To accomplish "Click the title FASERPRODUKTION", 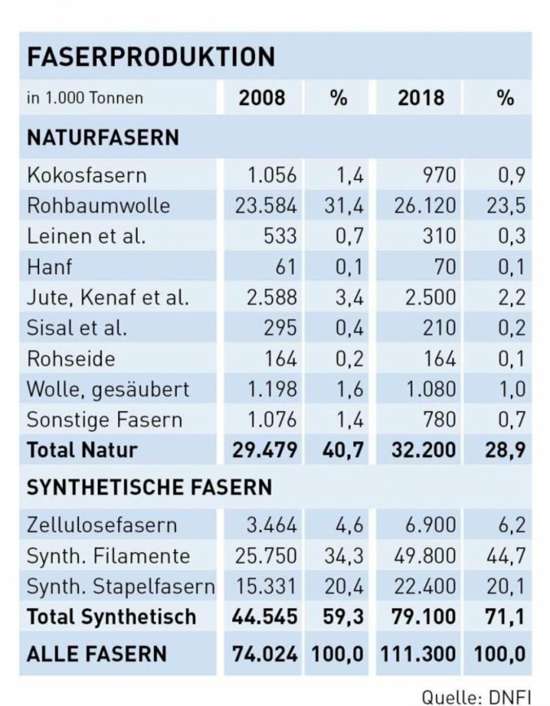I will (151, 57).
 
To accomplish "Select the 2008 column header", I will (262, 99).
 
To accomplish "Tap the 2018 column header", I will (420, 99).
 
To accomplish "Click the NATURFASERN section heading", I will (103, 138).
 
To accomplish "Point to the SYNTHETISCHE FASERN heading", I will (149, 488).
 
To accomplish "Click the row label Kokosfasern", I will (86, 175).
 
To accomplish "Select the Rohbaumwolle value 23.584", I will (266, 205).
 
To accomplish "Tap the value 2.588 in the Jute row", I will (272, 297).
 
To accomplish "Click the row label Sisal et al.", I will (77, 328).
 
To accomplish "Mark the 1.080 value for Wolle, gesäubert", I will (433, 389).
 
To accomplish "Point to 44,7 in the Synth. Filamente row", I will (506, 556).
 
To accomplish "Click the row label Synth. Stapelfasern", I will (121, 586).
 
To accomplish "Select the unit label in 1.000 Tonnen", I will (85, 99).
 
